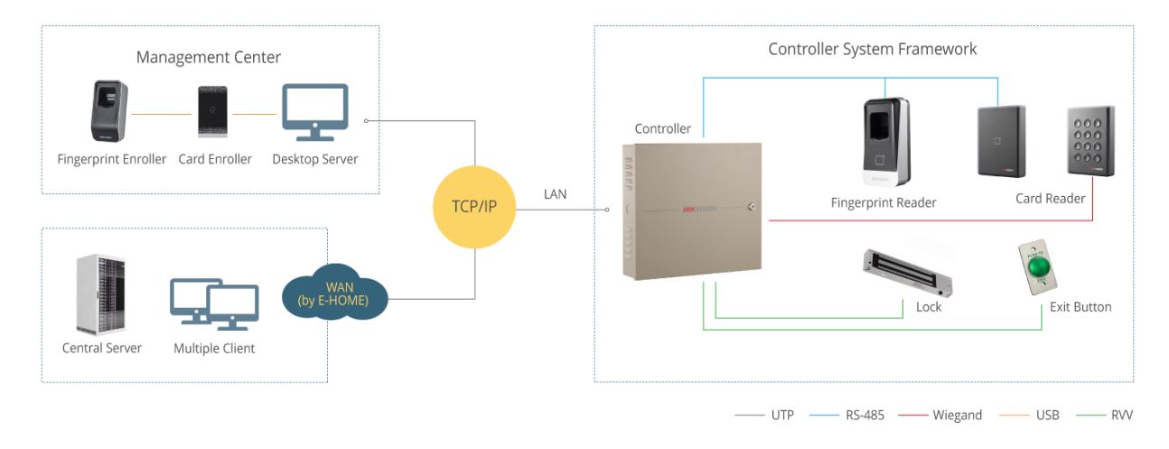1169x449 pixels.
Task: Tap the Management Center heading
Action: tap(209, 58)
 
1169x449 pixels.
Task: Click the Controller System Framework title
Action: tap(872, 49)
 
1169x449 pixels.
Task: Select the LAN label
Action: tap(556, 193)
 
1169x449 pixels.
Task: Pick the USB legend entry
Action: tap(1036, 416)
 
